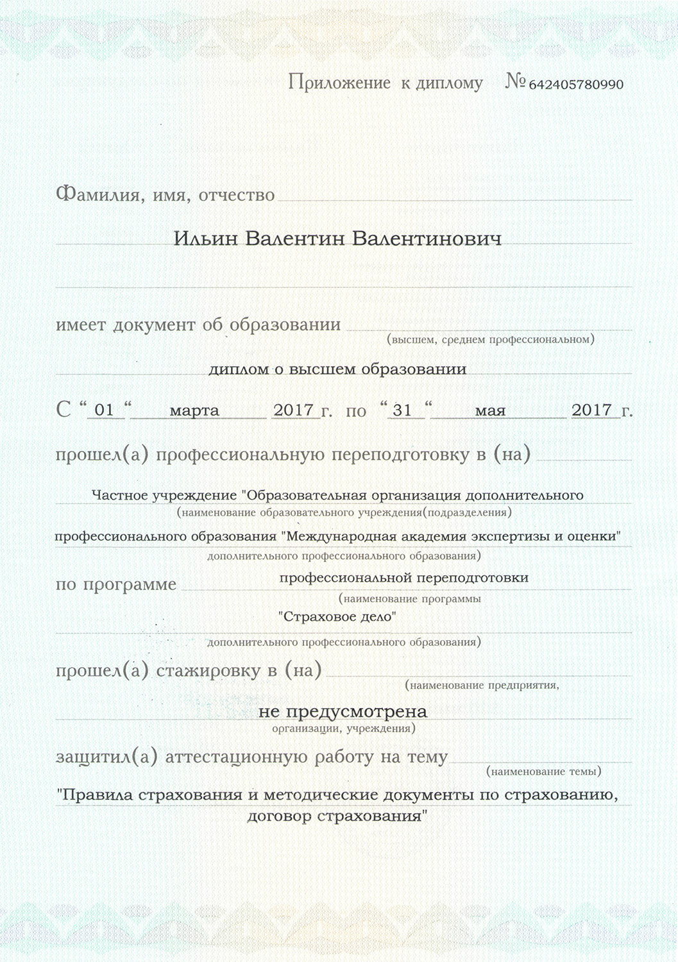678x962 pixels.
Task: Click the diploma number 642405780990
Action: (x=575, y=85)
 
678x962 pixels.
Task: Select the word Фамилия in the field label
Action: (x=97, y=194)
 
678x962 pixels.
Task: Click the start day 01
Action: (x=104, y=410)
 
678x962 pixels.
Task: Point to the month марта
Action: (x=194, y=410)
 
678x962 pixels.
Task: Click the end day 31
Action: (x=402, y=410)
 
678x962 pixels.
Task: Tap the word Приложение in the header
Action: (x=339, y=82)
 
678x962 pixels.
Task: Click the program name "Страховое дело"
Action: (x=337, y=617)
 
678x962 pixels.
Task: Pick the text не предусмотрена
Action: (x=343, y=711)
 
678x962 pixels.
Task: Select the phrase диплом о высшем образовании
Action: (x=337, y=369)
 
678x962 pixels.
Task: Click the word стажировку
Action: (x=208, y=671)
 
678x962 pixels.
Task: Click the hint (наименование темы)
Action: (x=544, y=772)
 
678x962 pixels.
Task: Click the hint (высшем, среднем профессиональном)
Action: (x=491, y=339)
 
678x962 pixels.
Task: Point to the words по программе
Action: (x=115, y=585)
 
